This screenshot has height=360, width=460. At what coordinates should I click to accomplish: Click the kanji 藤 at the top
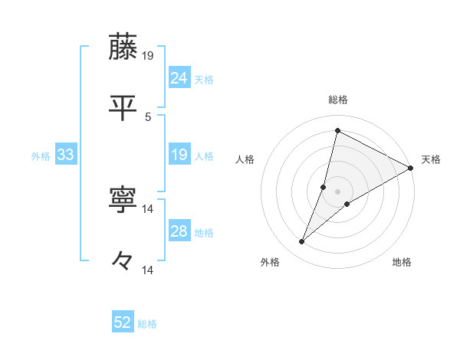coord(123,47)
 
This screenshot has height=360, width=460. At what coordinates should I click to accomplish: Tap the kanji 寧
coord(123,201)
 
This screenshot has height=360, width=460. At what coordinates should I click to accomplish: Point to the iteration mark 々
coord(123,262)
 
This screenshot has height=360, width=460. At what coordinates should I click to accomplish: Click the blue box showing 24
coord(179,77)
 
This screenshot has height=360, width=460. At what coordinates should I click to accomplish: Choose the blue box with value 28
coord(179,231)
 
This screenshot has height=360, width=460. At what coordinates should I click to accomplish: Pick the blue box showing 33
coord(66,155)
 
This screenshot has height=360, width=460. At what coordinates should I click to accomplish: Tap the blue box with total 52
coord(123,322)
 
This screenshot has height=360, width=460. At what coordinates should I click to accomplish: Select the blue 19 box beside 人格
coord(179,155)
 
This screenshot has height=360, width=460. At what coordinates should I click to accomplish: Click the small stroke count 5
coord(148,116)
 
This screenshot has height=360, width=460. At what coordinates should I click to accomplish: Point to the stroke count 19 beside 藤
coord(149,55)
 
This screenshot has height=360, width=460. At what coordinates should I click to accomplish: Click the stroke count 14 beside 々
coord(149,270)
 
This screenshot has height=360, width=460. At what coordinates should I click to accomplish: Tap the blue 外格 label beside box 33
coord(41,156)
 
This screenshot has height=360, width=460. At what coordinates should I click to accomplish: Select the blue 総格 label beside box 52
coord(147,324)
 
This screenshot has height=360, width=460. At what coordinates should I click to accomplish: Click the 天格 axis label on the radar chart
coord(431,159)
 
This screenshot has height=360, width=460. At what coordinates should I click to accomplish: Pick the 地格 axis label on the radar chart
coord(402,262)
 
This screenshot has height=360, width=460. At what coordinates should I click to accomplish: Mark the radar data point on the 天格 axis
coord(411,168)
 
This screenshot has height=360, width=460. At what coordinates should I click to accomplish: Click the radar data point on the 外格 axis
coord(302,242)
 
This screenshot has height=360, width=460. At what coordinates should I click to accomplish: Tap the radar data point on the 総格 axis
coord(337,130)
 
